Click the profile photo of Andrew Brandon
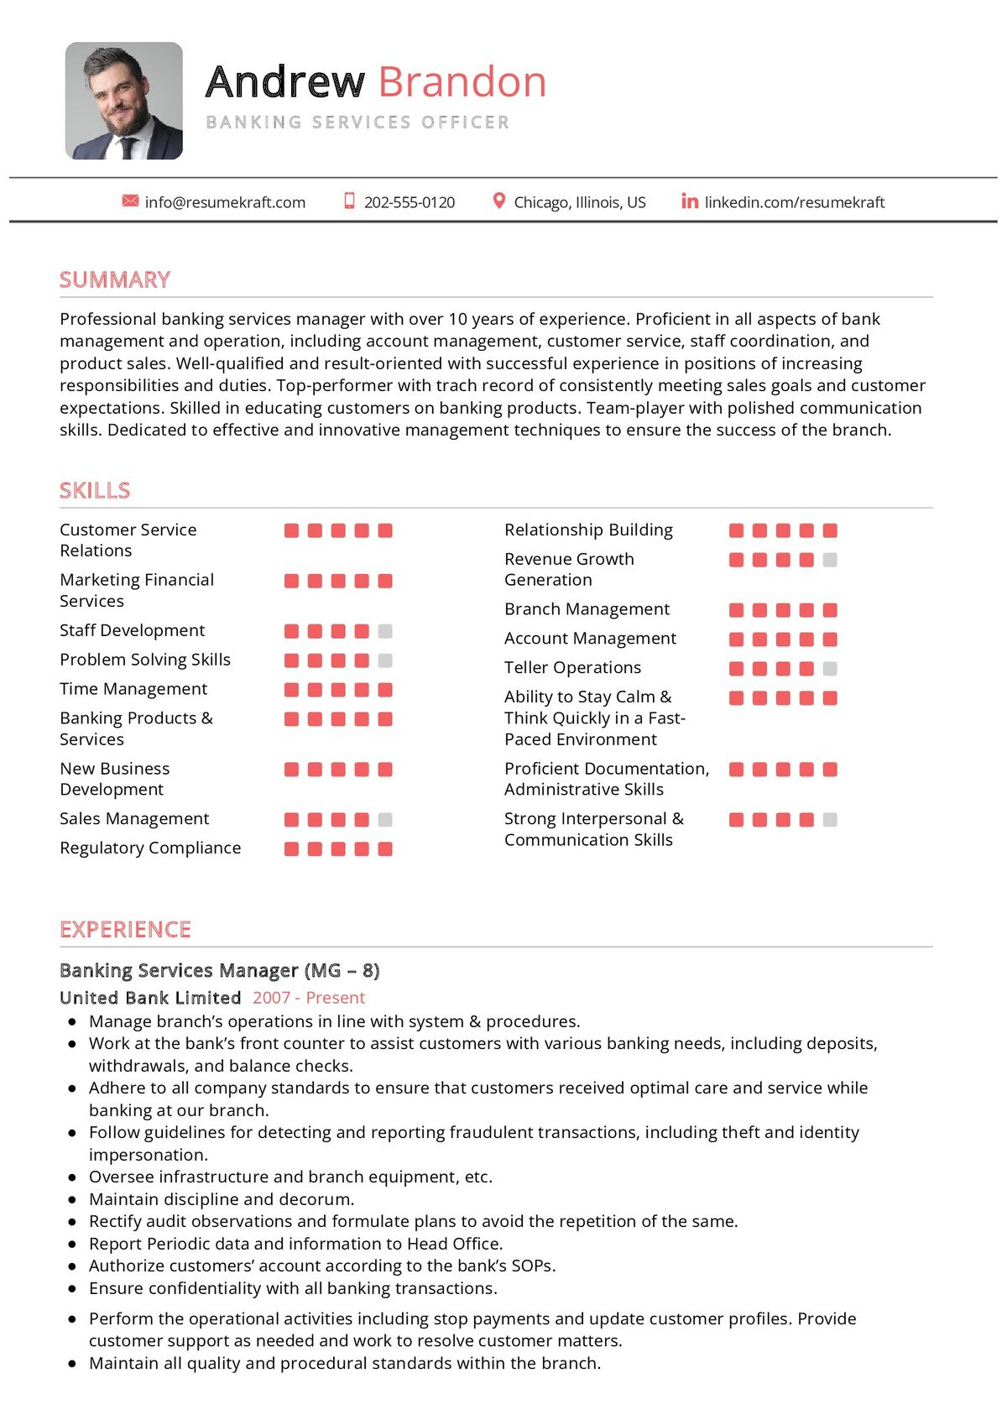[x=124, y=101]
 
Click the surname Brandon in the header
[x=462, y=82]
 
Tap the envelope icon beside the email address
[x=130, y=201]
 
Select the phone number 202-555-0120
[x=409, y=202]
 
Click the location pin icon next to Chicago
[x=498, y=201]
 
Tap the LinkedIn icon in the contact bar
[x=690, y=201]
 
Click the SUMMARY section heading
[x=115, y=279]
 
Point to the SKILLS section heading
[x=95, y=490]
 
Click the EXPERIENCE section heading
[x=125, y=929]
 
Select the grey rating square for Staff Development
[x=385, y=631]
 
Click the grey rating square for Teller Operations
[x=830, y=669]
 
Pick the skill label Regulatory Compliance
[x=150, y=848]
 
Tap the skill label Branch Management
[x=587, y=608]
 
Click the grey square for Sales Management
[x=385, y=820]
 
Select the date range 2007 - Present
[x=308, y=997]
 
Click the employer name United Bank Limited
[x=150, y=997]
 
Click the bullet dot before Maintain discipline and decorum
[x=72, y=1199]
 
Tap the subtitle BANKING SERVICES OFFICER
[x=357, y=123]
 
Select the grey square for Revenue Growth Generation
[x=830, y=560]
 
